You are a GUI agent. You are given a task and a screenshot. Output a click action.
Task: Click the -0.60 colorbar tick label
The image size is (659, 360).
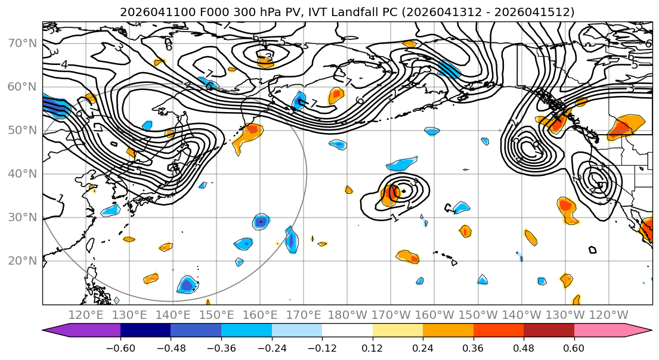pos(120,347)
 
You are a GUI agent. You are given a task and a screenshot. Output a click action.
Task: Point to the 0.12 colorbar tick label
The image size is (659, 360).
pos(373,347)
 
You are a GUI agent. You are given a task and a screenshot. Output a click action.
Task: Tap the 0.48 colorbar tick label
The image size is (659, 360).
pos(524,347)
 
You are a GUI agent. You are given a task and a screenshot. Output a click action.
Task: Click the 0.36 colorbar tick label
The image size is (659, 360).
pos(474,347)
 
